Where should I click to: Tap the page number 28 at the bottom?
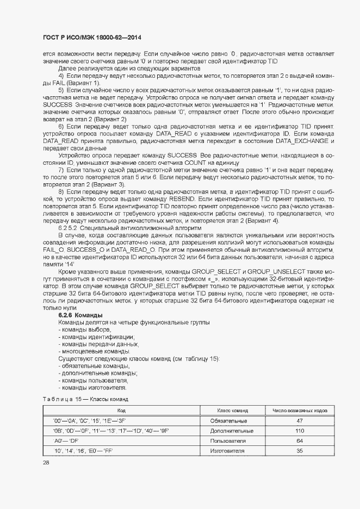[x=46, y=462]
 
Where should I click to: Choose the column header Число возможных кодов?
[x=300, y=411]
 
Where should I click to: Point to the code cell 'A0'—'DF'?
[x=66, y=440]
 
